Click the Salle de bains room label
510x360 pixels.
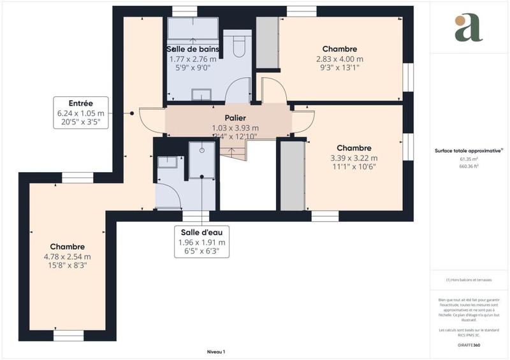[x=193, y=49]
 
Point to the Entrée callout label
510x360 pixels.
[x=81, y=103]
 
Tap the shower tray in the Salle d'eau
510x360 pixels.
[x=202, y=159]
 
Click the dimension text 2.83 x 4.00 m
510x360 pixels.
[x=340, y=59]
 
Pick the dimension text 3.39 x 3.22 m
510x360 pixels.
[x=354, y=158]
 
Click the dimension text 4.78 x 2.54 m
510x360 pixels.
[x=68, y=257]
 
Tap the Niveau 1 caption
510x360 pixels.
[x=216, y=352]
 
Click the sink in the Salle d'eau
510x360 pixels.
[x=167, y=161]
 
